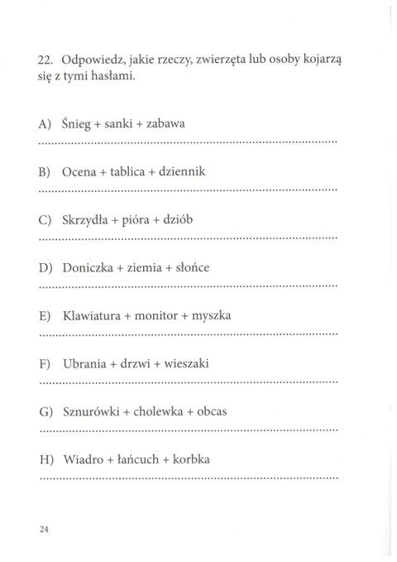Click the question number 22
click(45, 59)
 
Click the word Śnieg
click(77, 124)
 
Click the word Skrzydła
click(88, 219)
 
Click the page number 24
click(45, 531)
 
